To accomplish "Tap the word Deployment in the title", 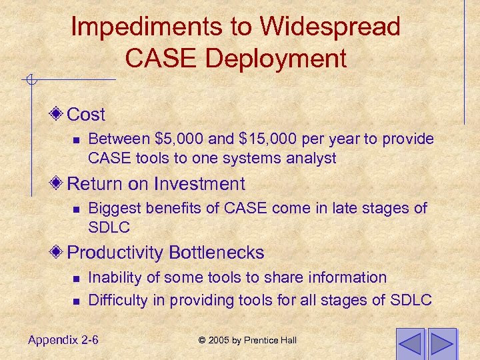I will point(275,59).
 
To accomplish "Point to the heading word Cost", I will point(87,115).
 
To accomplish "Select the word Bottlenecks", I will point(217,253).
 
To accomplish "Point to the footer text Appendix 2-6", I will point(63,340).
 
